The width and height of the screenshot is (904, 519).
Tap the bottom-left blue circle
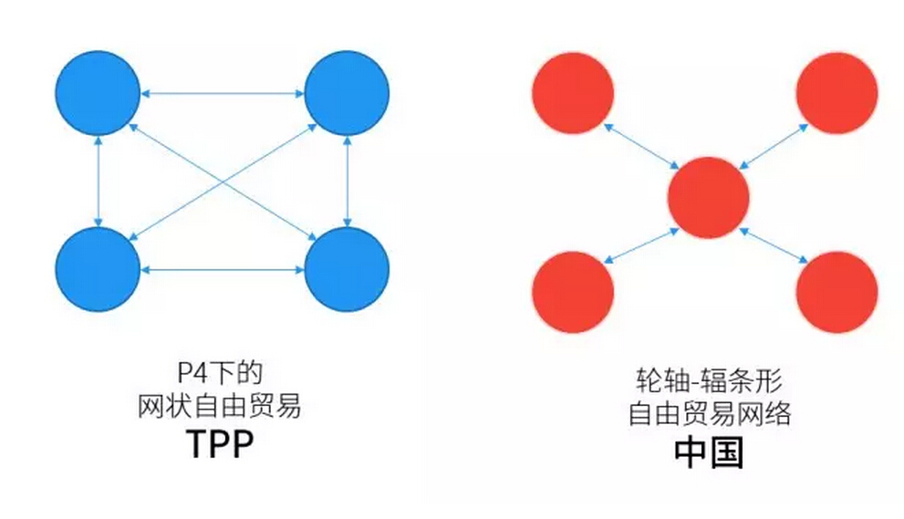(x=97, y=269)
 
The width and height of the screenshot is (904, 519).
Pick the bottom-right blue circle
(x=347, y=269)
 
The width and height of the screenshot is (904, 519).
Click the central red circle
(x=708, y=197)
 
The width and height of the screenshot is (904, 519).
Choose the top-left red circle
(x=572, y=92)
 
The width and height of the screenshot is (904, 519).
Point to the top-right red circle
(x=836, y=92)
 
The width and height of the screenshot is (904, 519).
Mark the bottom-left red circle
(x=572, y=292)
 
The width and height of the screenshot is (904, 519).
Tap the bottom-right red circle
(x=836, y=292)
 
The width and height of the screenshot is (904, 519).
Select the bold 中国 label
(x=708, y=452)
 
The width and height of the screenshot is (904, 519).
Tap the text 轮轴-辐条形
(x=708, y=379)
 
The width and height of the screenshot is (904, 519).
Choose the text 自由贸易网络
(x=708, y=413)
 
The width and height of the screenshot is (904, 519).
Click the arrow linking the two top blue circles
(x=222, y=92)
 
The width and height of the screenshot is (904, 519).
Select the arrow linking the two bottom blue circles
(x=222, y=269)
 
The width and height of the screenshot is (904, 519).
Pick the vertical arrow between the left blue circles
(x=97, y=181)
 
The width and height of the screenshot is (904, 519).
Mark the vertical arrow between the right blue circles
(x=347, y=181)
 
